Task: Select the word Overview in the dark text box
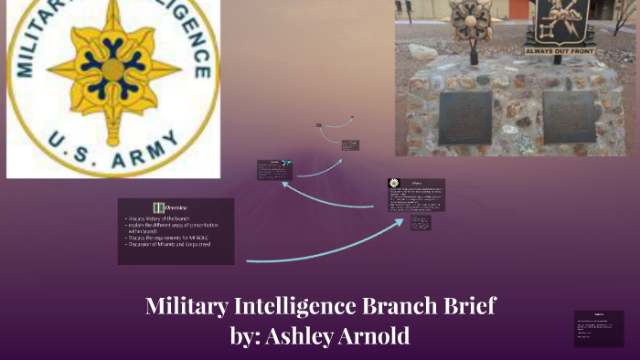point(182,208)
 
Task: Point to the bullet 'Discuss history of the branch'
point(165,220)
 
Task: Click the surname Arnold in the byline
point(376,335)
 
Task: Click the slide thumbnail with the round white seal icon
point(415,195)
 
